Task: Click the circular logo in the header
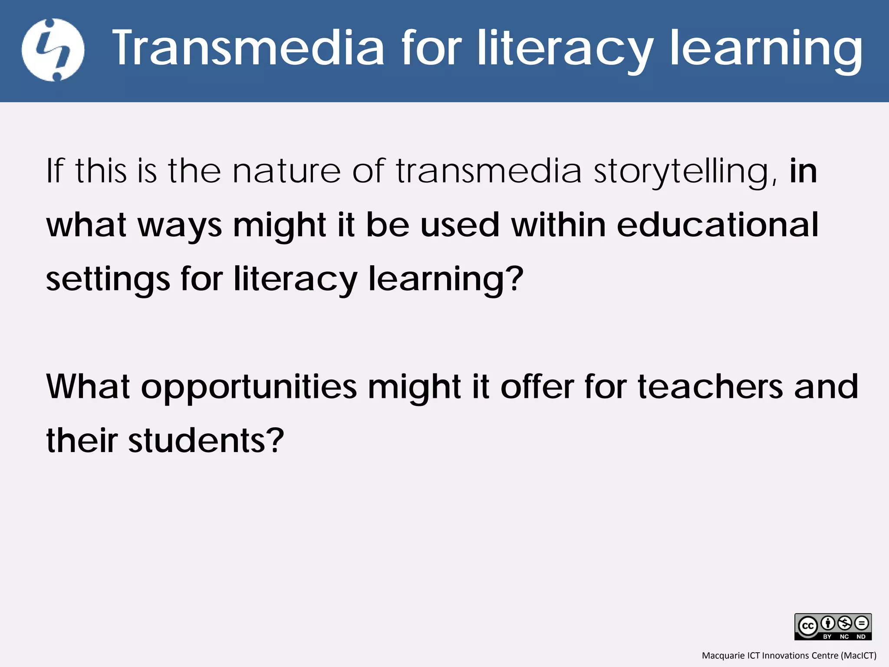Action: pos(53,50)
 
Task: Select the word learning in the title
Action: pos(767,49)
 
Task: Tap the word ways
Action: pos(180,226)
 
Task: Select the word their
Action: pos(82,440)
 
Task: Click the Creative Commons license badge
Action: pos(833,627)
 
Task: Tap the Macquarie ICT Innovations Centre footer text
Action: pos(789,655)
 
